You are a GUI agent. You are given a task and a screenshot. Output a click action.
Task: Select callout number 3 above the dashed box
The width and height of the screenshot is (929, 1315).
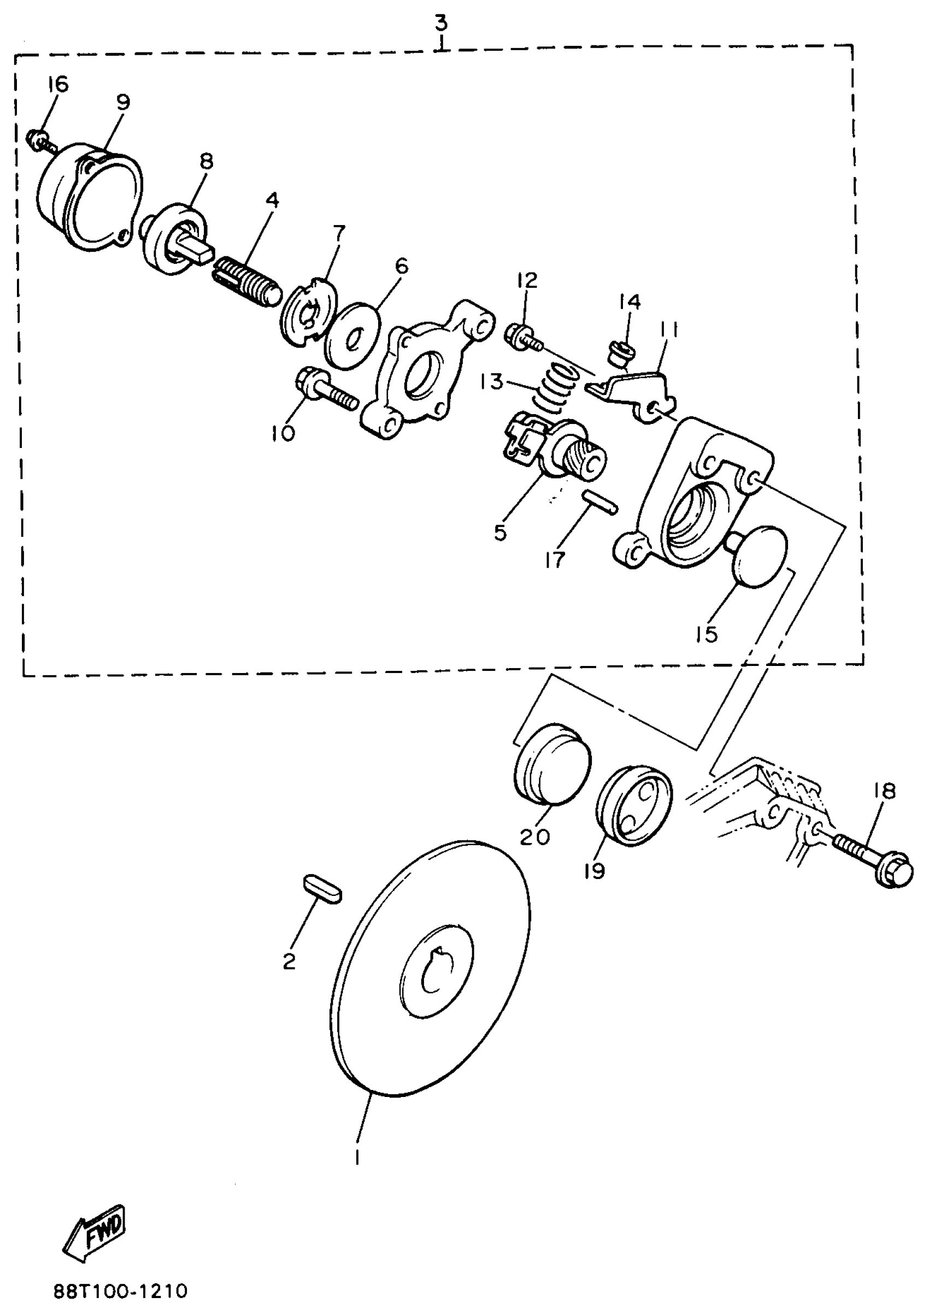(x=440, y=23)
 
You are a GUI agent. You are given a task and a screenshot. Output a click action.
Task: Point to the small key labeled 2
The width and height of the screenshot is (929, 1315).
(x=322, y=888)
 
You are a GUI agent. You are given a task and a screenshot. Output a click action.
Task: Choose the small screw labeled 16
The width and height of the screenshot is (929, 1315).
(x=39, y=140)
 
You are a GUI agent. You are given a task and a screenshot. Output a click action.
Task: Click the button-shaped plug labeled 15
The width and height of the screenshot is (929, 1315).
(x=760, y=556)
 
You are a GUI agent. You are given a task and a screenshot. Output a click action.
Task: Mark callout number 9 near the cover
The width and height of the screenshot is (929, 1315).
(x=122, y=102)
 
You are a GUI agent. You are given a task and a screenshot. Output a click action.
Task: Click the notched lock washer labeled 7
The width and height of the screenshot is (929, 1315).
(x=310, y=311)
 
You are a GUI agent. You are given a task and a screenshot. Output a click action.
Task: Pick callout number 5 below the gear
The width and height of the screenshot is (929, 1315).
(x=500, y=533)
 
